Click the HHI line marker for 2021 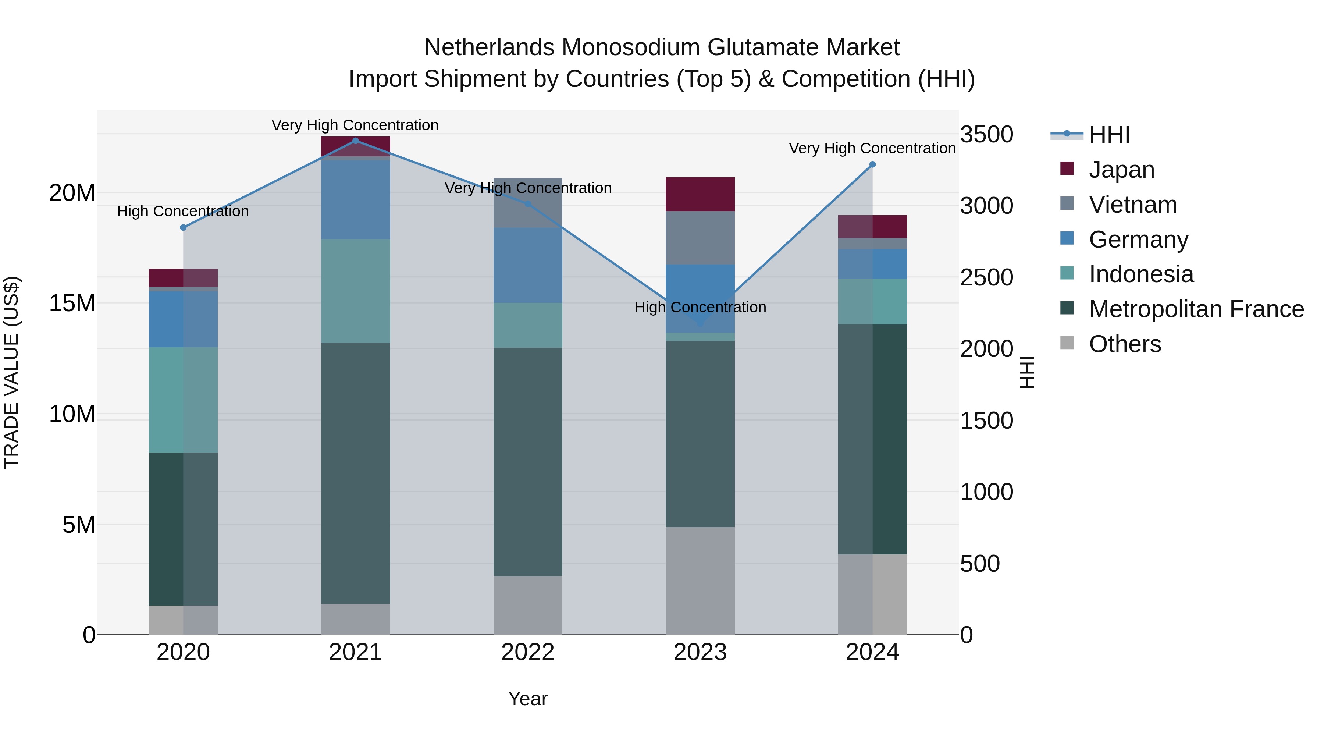tap(355, 141)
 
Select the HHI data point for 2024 tap(872, 164)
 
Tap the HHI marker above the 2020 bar tap(184, 227)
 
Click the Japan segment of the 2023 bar tap(700, 194)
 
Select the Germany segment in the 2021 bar tap(355, 199)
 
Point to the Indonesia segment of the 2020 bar tap(184, 400)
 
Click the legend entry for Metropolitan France tap(1196, 309)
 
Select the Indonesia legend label tap(1141, 274)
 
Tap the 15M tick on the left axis tap(72, 304)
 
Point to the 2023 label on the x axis tap(700, 652)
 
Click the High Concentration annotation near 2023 tap(700, 307)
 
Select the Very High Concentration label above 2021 tap(355, 125)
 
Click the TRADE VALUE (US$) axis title tap(11, 372)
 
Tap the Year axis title tap(528, 699)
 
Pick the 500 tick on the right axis tap(980, 564)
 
